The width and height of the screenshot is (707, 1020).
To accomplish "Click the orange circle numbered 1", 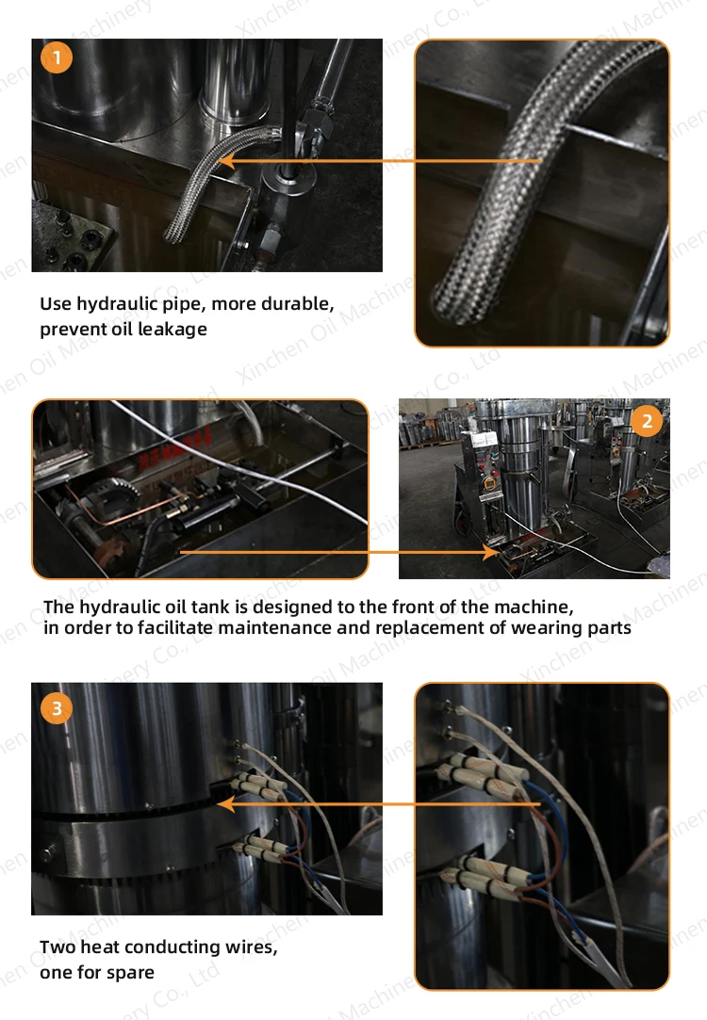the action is [x=57, y=57].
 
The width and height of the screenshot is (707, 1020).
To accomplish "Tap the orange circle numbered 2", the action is [x=647, y=422].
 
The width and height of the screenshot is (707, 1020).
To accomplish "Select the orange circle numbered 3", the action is [x=57, y=707].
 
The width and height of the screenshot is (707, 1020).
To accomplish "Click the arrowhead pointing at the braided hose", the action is [x=226, y=161].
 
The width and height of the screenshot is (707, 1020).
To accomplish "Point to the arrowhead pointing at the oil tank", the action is [x=490, y=552].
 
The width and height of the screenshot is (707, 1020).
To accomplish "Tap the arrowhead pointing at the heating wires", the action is [x=226, y=804].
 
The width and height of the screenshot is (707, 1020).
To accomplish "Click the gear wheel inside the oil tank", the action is [x=118, y=490].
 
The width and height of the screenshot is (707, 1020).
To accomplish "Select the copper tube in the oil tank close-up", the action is [x=123, y=506].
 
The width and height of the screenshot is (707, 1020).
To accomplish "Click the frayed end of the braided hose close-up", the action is [x=450, y=300].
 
